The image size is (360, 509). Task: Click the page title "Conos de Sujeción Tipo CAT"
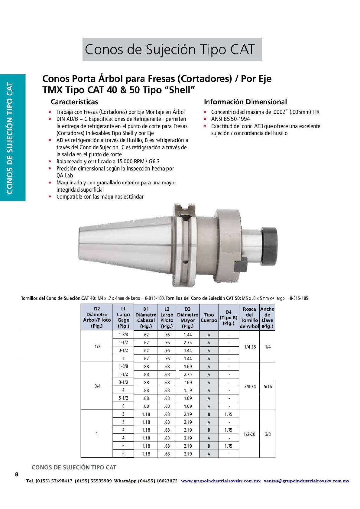coord(170,50)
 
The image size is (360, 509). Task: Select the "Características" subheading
coord(74,102)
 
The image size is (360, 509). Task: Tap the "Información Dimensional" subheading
coord(245,102)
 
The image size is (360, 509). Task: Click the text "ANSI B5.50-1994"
coord(230,119)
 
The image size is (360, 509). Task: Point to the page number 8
coord(17,474)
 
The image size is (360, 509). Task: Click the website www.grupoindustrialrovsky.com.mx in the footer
coord(221,481)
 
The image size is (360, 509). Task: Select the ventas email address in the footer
coord(306,481)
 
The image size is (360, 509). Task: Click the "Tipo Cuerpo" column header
coord(209,317)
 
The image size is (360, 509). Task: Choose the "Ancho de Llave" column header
coord(268,317)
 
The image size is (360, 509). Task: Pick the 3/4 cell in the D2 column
coord(97,386)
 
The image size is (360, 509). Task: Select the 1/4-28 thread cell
coord(250,347)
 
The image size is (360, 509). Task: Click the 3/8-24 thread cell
coord(250,386)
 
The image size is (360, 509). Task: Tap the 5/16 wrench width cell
coord(268,386)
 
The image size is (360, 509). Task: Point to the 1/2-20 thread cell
coord(249,434)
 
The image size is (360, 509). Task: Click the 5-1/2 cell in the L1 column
coord(123,398)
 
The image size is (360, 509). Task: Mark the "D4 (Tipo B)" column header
coord(229,317)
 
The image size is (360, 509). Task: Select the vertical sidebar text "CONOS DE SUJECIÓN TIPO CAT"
coord(10,138)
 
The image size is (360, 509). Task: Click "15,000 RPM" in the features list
coord(131,161)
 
